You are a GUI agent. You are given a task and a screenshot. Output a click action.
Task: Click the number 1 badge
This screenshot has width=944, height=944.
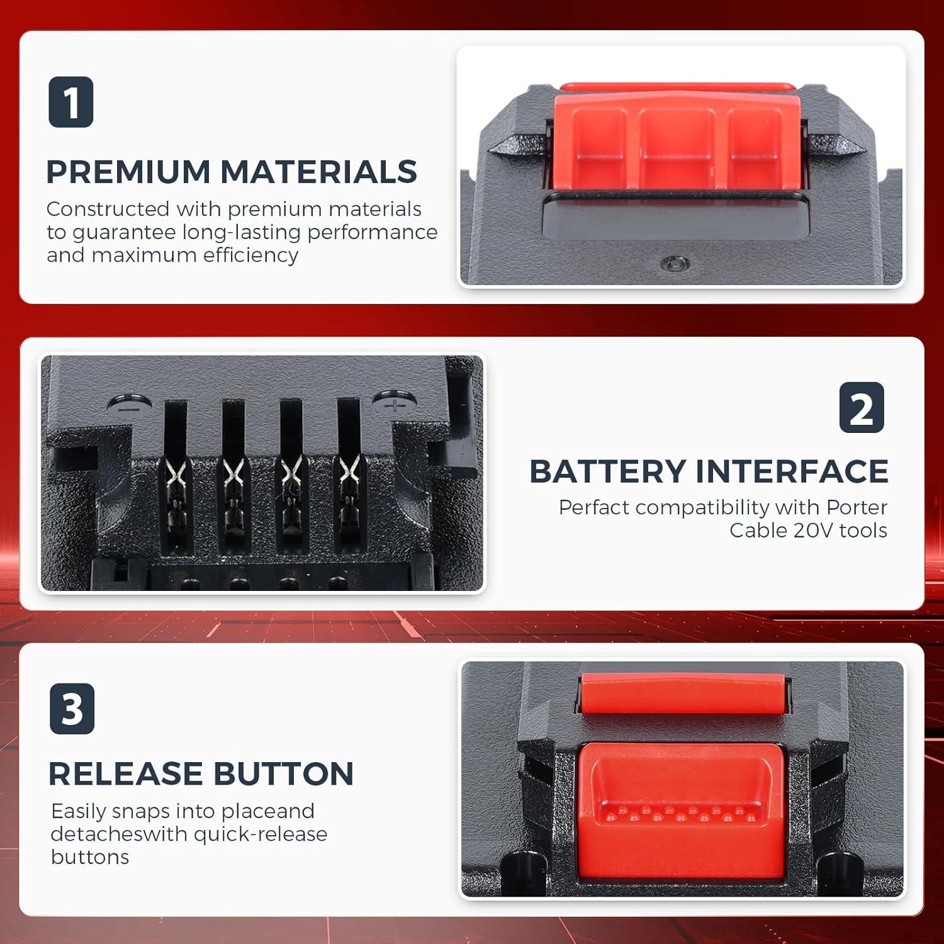71,102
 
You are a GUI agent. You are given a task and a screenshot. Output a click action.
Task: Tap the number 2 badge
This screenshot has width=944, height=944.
862,408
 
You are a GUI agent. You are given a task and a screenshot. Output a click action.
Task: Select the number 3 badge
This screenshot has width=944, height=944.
72,709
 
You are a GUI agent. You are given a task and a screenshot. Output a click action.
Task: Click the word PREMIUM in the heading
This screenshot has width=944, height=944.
128,172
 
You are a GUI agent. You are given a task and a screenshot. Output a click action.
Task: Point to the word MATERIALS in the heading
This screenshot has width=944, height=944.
318,172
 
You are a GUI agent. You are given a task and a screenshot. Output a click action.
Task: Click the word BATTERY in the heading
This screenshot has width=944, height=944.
607,471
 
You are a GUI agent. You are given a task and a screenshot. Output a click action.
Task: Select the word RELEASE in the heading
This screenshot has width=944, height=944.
126,773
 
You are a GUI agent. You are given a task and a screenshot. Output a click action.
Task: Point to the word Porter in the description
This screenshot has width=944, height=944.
857,507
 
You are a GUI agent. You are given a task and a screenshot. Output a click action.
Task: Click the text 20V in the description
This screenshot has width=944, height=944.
813,531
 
